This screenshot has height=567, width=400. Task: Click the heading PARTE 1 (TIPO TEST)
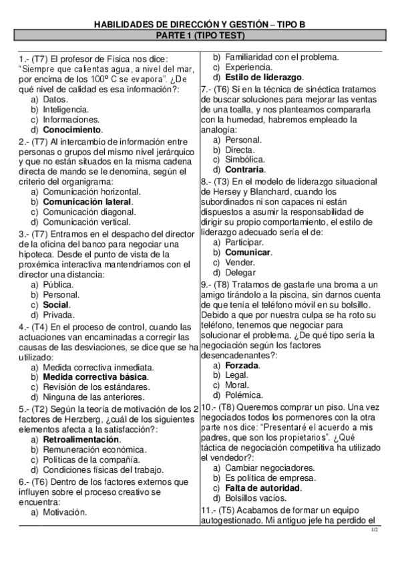(200, 35)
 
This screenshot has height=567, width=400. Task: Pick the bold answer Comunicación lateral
(87, 201)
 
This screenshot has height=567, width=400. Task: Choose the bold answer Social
(56, 305)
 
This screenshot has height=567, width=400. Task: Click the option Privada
(59, 315)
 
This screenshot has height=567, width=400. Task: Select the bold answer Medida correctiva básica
(95, 377)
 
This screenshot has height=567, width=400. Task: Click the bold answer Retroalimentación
(81, 439)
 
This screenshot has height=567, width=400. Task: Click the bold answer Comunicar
(248, 253)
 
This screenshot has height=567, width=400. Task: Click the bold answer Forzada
(242, 366)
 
